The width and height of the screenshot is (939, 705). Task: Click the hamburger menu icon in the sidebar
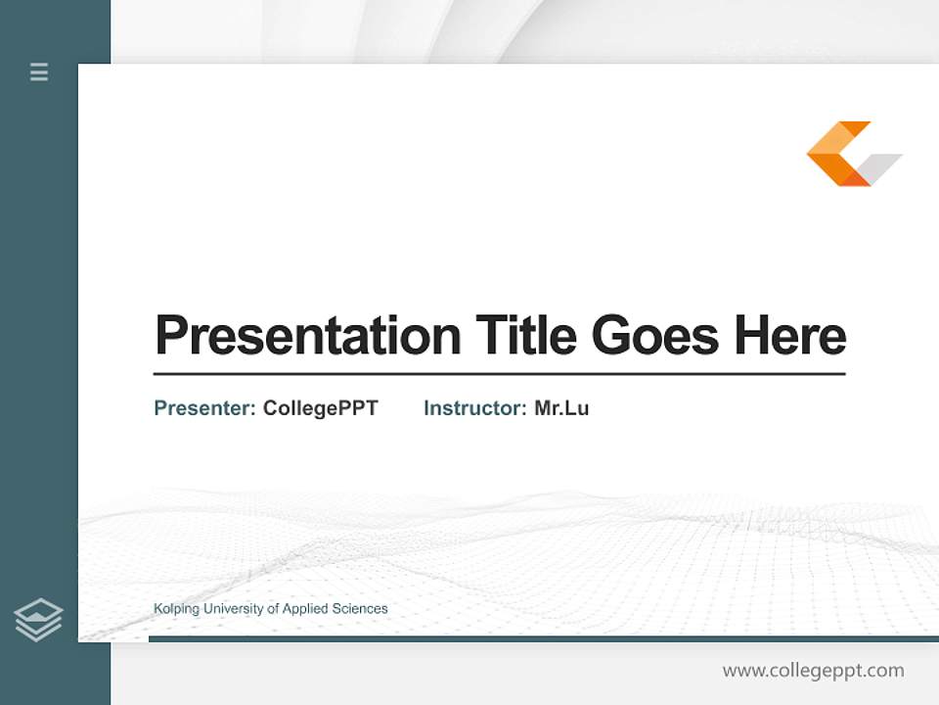coord(39,71)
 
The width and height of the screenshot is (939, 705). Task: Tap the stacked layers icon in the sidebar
coord(38,620)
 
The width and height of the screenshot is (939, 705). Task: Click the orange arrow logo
coord(836,154)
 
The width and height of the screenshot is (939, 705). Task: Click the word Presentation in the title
coord(307,336)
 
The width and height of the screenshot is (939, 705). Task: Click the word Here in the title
coord(789,335)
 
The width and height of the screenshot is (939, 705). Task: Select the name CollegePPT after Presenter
coord(320,408)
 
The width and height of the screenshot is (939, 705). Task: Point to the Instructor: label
coord(474,408)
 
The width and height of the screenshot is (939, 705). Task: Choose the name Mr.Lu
coord(561,408)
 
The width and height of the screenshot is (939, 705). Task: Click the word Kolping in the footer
coord(176,609)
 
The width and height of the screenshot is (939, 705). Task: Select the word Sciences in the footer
coord(361,609)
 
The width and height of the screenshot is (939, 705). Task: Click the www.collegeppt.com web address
coord(813,671)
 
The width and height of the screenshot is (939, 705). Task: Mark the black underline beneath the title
coord(499,373)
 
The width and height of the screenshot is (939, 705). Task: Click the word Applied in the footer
coord(306,609)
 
